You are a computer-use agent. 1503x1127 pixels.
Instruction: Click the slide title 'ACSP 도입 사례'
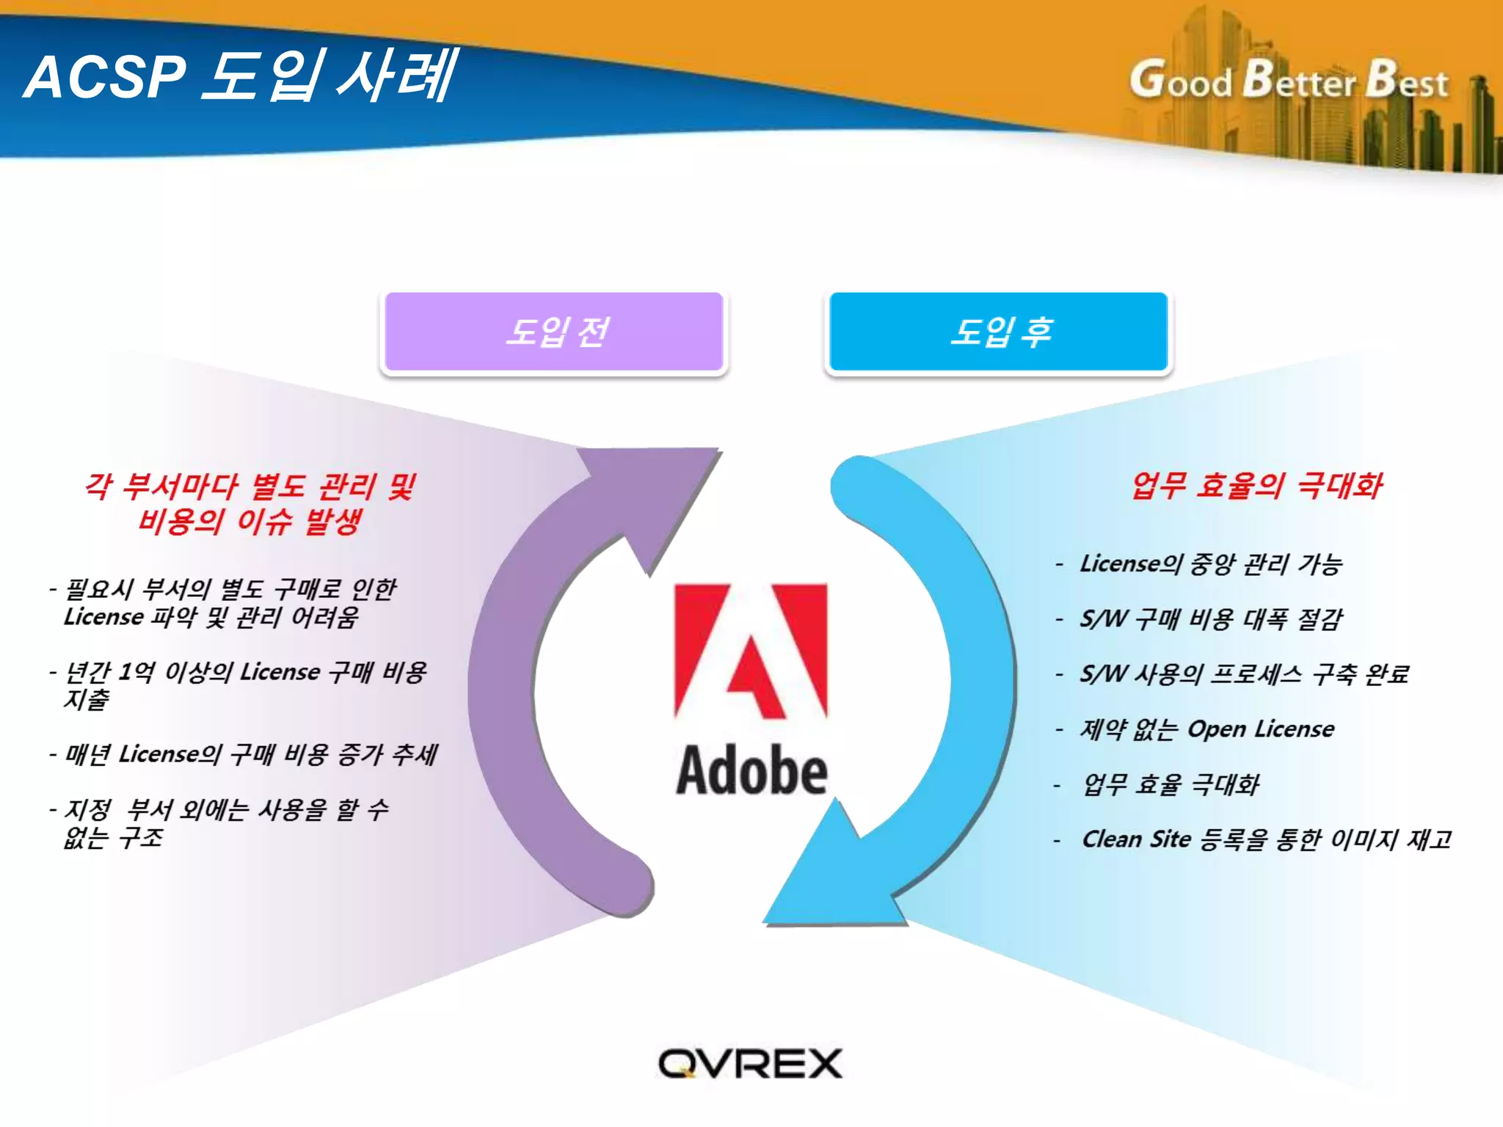point(241,76)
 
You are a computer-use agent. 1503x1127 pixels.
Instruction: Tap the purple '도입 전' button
point(555,332)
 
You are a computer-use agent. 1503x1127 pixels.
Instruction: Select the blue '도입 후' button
point(999,332)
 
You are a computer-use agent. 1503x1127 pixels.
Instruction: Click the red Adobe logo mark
point(751,650)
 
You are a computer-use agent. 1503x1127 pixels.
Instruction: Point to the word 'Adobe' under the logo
point(751,770)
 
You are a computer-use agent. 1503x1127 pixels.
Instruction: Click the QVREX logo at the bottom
point(750,1063)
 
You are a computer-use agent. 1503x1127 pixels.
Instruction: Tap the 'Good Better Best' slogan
point(1289,81)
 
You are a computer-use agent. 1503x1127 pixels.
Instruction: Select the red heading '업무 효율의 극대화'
point(1256,486)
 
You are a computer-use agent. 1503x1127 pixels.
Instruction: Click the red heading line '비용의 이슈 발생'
point(250,521)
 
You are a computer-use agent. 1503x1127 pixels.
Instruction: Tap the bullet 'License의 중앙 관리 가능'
point(1211,563)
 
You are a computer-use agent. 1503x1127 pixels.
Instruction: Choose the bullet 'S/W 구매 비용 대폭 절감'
point(1211,619)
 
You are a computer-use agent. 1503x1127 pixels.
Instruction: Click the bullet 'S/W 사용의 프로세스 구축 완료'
point(1244,674)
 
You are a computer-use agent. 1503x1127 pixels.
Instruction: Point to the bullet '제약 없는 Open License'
point(1207,729)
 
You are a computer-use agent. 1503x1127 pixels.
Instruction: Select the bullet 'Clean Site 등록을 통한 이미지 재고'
point(1266,839)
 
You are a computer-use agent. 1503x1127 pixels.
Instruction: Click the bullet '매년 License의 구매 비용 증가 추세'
point(251,754)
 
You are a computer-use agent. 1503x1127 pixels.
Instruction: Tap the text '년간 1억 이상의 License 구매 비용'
point(246,671)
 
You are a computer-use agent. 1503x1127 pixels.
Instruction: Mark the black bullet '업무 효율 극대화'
point(1171,784)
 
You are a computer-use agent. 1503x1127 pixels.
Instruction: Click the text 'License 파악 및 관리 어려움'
point(211,617)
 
